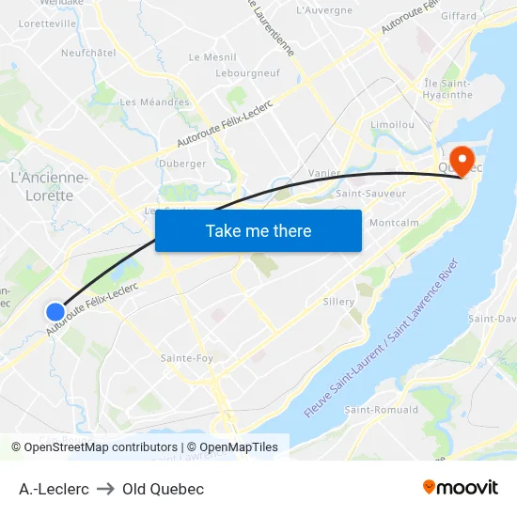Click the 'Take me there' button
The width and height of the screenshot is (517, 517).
tap(258, 230)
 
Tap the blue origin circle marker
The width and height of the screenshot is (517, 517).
tap(55, 311)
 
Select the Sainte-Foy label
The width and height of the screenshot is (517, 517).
tap(186, 358)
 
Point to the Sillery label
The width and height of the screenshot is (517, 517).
tap(338, 302)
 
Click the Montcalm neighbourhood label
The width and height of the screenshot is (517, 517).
tap(395, 223)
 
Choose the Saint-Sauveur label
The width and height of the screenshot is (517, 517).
tap(370, 194)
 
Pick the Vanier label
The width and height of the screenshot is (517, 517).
tap(324, 173)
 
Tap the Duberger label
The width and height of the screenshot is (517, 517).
tap(182, 164)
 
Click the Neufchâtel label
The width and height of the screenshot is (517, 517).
tap(87, 53)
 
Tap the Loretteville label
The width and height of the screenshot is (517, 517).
tap(47, 23)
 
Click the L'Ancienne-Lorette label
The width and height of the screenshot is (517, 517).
tap(49, 186)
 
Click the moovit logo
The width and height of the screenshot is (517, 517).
tap(460, 488)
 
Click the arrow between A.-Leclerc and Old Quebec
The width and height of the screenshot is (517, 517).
tap(105, 489)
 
